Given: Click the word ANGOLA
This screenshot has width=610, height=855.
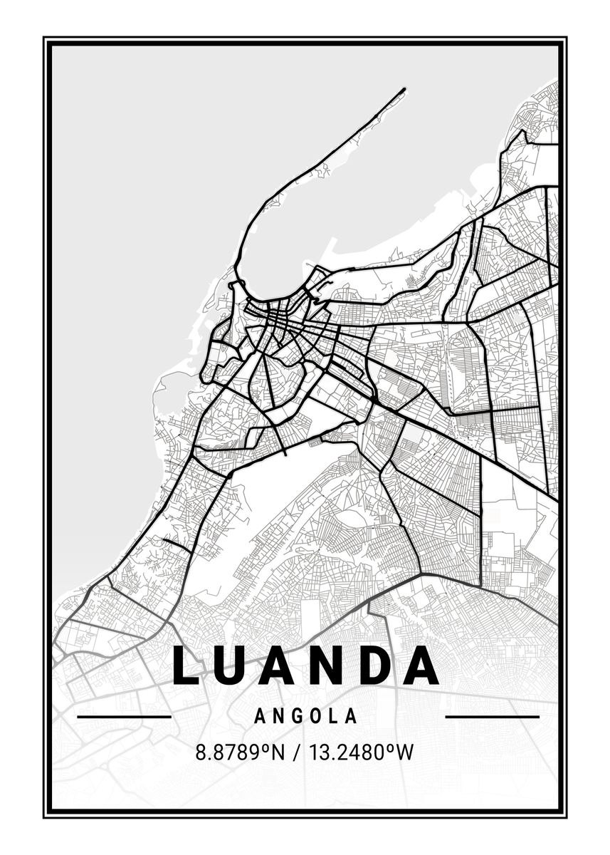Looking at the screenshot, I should click(305, 716).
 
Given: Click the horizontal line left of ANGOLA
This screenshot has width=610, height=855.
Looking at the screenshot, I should click(124, 716).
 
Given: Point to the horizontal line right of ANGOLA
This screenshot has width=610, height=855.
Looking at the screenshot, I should click(492, 716).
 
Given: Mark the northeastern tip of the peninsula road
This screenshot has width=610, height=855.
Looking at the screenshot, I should click(404, 89).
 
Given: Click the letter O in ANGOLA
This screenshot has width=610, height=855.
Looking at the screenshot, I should click(315, 716).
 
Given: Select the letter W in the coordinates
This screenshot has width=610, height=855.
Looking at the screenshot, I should click(405, 752).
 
